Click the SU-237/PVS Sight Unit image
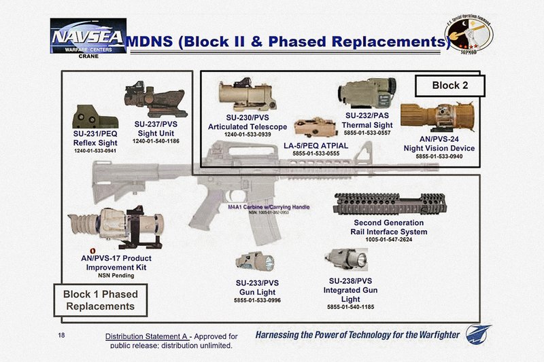point(153,97)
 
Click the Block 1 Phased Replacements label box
point(100,300)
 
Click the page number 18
point(63,336)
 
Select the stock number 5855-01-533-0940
point(439,157)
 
